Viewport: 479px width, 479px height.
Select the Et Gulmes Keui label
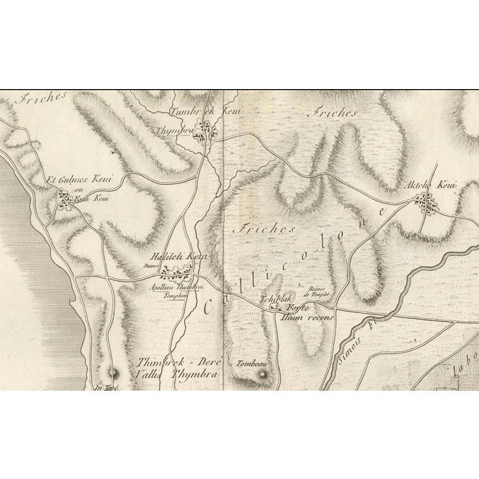[73, 180]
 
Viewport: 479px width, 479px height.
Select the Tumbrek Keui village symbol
[216, 132]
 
